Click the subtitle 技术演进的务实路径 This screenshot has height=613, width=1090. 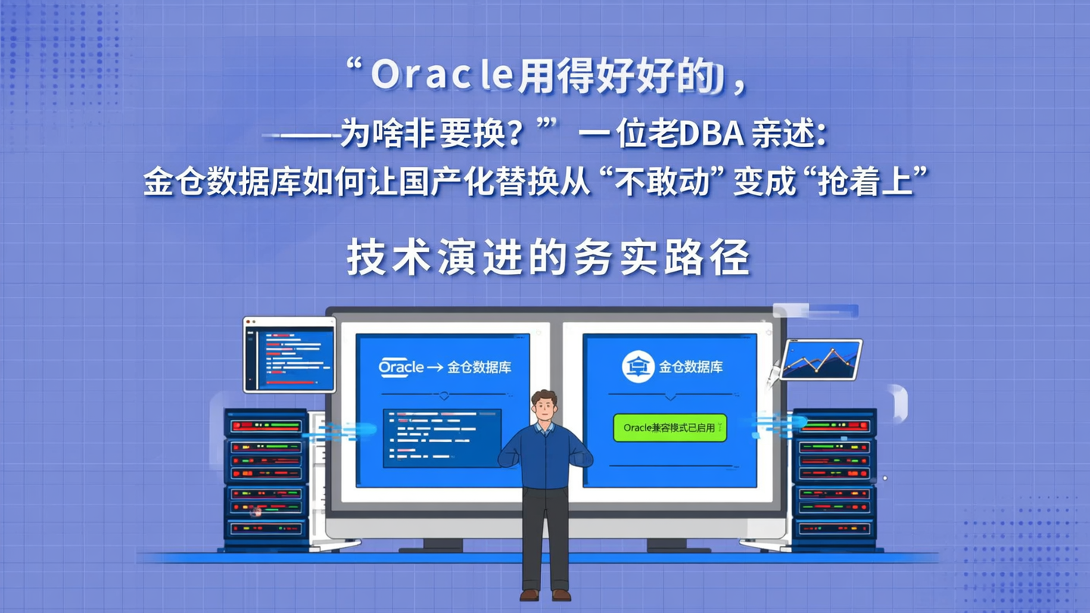(x=548, y=257)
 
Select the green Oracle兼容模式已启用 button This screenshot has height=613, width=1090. (x=669, y=428)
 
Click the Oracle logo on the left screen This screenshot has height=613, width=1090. (x=401, y=367)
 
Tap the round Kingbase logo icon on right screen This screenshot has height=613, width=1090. (x=637, y=367)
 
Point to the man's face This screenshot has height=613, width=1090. (x=544, y=409)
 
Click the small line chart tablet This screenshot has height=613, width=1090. (x=821, y=359)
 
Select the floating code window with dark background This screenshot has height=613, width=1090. (x=289, y=355)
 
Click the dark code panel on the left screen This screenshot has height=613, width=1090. (x=442, y=438)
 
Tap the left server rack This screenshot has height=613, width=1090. (x=266, y=477)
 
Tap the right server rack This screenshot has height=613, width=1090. (x=833, y=477)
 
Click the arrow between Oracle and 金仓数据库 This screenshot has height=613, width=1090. (x=435, y=368)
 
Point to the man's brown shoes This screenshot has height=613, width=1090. (x=545, y=594)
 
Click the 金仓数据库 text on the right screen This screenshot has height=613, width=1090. (x=690, y=367)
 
